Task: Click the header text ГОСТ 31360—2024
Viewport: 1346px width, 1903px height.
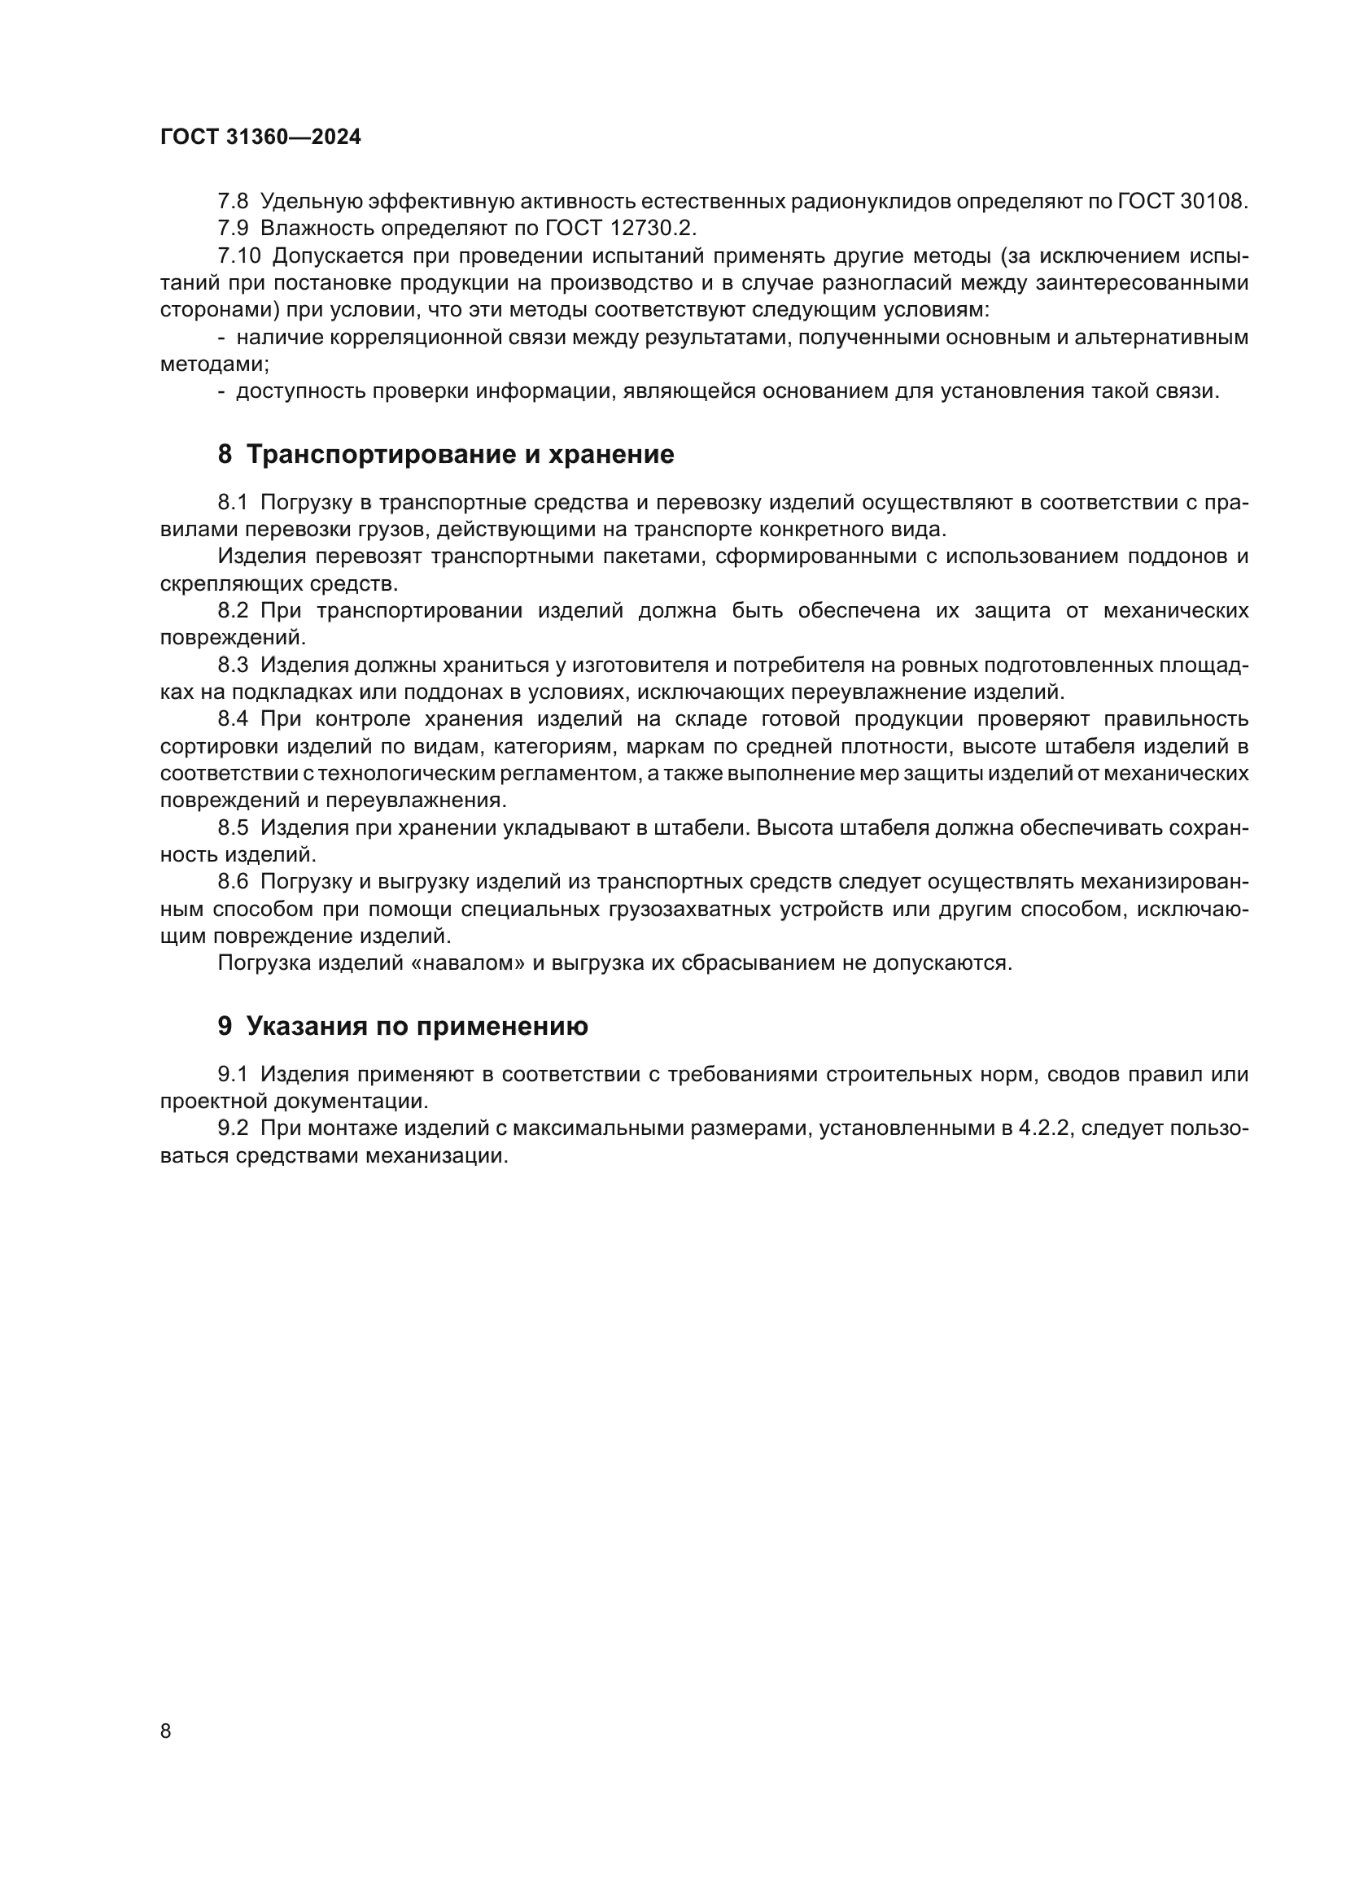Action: (x=260, y=137)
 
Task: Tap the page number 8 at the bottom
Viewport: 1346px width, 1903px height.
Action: (x=166, y=1731)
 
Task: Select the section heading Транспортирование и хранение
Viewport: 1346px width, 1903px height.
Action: (x=460, y=454)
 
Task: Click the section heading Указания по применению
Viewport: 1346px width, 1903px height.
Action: (x=417, y=1026)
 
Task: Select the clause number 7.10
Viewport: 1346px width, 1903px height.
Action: (x=238, y=255)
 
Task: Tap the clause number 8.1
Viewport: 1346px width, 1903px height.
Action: (x=233, y=502)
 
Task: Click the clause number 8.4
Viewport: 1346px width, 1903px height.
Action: (x=233, y=718)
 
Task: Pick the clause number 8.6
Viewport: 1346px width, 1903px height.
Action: (x=233, y=882)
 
